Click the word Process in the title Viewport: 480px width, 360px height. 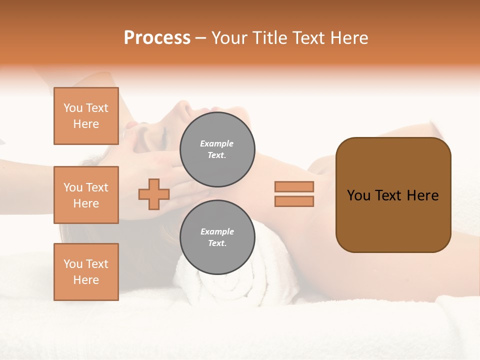[x=157, y=38]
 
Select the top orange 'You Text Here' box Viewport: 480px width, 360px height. [x=86, y=116]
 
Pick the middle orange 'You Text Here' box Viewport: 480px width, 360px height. [x=86, y=195]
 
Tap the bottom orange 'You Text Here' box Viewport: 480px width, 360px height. [x=86, y=272]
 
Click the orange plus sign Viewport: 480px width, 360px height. [x=154, y=194]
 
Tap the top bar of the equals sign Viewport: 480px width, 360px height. [x=294, y=186]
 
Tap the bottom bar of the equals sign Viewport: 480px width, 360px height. [x=294, y=201]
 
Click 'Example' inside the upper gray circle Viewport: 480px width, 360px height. [x=217, y=143]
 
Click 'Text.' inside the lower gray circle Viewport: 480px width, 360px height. [x=217, y=243]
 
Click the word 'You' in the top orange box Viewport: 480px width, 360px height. [x=73, y=108]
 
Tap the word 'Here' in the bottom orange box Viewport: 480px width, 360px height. [x=86, y=280]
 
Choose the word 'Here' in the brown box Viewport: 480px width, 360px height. [x=423, y=195]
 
